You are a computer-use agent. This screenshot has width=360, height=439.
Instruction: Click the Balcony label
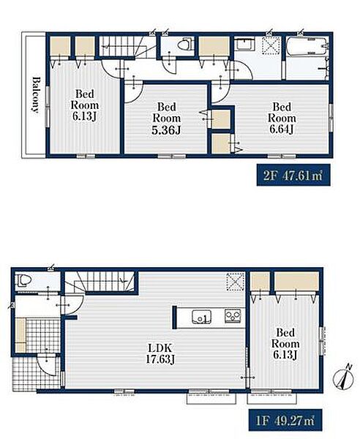pos(35,94)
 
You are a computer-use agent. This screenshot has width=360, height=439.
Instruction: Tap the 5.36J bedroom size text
pos(167,130)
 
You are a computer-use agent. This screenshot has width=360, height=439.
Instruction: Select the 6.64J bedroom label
pos(282,118)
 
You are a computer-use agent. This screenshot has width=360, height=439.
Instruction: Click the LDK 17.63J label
pos(160,353)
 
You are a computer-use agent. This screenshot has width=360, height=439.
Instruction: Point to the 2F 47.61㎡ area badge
pos(293,176)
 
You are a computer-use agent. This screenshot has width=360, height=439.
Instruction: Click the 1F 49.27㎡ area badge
pos(285,420)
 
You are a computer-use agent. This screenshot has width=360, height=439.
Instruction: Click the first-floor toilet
pos(25,280)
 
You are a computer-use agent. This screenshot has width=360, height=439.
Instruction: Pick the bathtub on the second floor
pos(307,46)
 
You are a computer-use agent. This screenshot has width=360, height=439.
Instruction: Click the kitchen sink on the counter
pos(201,317)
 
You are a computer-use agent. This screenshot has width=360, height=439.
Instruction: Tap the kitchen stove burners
pos(233,316)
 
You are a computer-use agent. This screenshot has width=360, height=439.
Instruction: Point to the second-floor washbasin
pos(244,45)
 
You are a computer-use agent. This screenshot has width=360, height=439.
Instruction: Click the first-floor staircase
pos(100,282)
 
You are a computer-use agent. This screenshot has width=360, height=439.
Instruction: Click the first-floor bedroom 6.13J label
pos(285,344)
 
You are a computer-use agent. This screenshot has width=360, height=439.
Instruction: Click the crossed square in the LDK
pos(235,282)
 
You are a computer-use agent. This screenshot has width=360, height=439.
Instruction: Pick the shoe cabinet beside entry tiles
pos(20,335)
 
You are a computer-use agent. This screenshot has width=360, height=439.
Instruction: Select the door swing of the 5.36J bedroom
pos(133,92)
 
